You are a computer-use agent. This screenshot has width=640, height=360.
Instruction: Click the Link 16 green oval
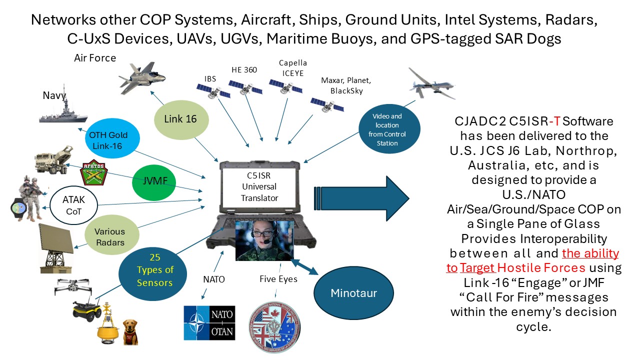(x=180, y=119)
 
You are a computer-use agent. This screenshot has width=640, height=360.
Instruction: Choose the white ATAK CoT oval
(x=73, y=204)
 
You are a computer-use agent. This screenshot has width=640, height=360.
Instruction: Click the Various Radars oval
(x=110, y=236)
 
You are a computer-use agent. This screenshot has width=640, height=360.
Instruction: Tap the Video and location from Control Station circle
(x=389, y=129)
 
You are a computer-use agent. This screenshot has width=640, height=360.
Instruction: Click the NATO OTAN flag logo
(x=209, y=322)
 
